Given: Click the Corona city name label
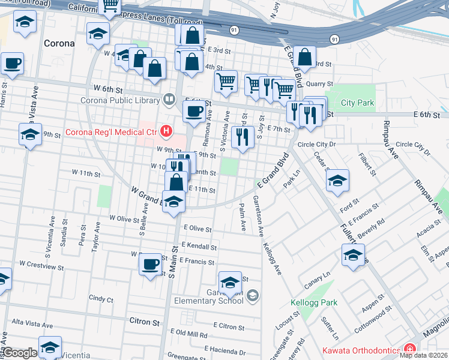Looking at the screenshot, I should [x=59, y=44].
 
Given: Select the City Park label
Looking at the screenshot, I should [x=357, y=103].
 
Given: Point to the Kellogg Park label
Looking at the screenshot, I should [x=313, y=302].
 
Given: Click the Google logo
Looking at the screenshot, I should [x=20, y=353].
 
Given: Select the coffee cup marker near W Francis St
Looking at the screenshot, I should [x=150, y=263].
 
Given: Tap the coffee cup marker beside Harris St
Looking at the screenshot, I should [x=12, y=63].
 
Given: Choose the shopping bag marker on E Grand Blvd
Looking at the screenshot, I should [x=305, y=58].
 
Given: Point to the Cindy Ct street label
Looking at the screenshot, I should [x=101, y=298].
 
